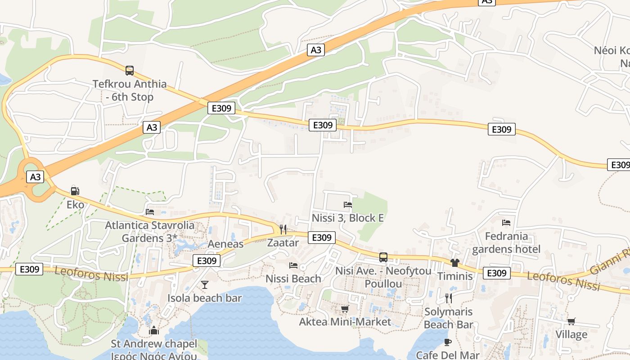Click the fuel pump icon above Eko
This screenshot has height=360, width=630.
click(75, 191)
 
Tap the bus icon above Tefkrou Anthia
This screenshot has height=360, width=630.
click(130, 70)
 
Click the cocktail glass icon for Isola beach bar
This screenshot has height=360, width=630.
click(205, 284)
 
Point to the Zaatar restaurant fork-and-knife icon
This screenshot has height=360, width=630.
click(283, 229)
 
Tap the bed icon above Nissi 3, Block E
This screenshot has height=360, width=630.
click(348, 205)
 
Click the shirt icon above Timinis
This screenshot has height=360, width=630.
click(455, 263)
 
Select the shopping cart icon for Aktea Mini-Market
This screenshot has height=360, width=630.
click(345, 309)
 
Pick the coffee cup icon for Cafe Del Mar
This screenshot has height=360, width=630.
click(447, 342)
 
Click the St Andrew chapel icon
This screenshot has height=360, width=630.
click(154, 331)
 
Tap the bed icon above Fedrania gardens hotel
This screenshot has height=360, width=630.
click(506, 222)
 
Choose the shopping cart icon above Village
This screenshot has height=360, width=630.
click(571, 321)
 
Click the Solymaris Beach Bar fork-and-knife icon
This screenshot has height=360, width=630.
click(448, 298)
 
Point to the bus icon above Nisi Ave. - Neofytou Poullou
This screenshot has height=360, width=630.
click(383, 257)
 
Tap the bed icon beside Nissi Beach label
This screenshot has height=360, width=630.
click(293, 265)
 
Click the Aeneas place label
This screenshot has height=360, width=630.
click(225, 244)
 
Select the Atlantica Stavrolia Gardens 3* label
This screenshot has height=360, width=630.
click(150, 231)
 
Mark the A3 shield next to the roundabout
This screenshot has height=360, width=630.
click(35, 176)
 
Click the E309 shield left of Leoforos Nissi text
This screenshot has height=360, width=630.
click(30, 269)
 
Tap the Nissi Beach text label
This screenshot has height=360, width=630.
click(293, 279)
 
